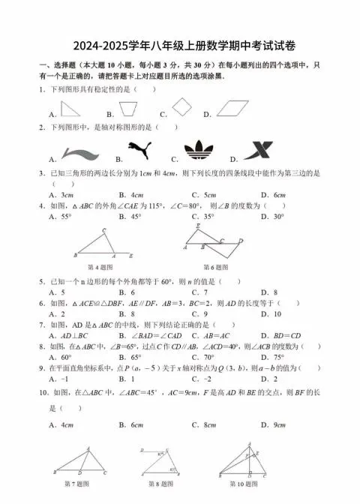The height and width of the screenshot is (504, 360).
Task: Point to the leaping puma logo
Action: pyautogui.click(x=139, y=151)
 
